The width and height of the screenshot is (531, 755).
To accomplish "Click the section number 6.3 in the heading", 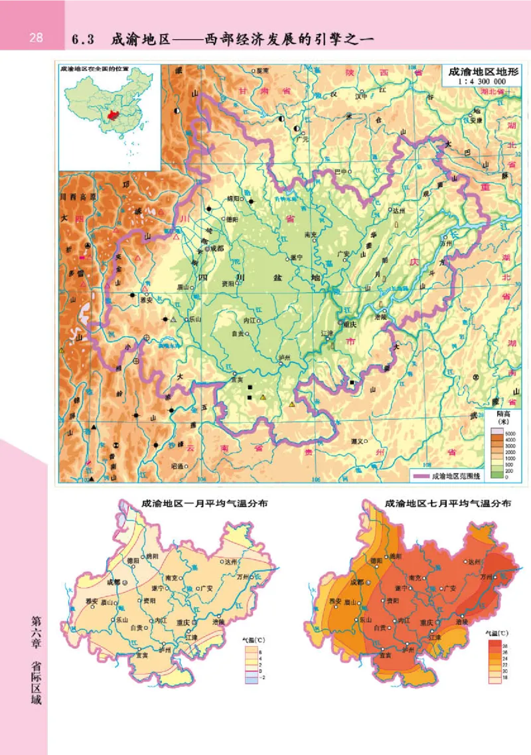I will [x=84, y=39].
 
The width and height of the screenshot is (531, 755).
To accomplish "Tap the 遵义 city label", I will [x=359, y=440].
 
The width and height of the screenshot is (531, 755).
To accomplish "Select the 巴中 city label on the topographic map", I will [x=341, y=171].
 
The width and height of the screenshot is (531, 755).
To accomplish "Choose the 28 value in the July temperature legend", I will [x=504, y=643].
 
